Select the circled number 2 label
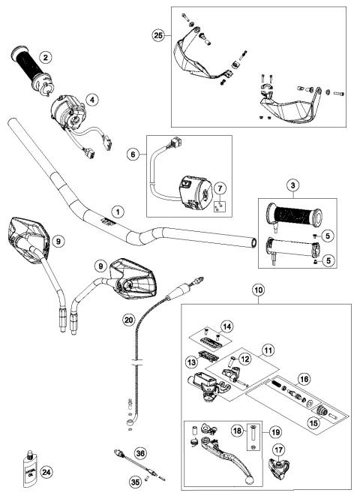46,57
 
